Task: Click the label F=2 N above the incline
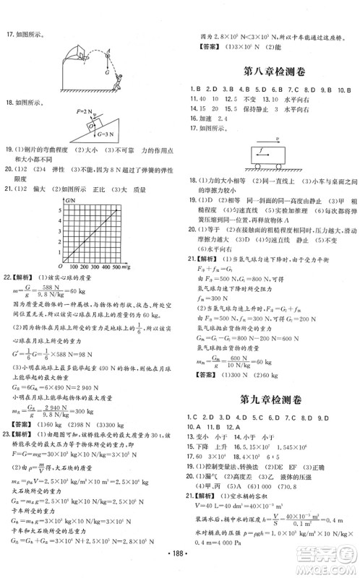click(85, 112)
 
